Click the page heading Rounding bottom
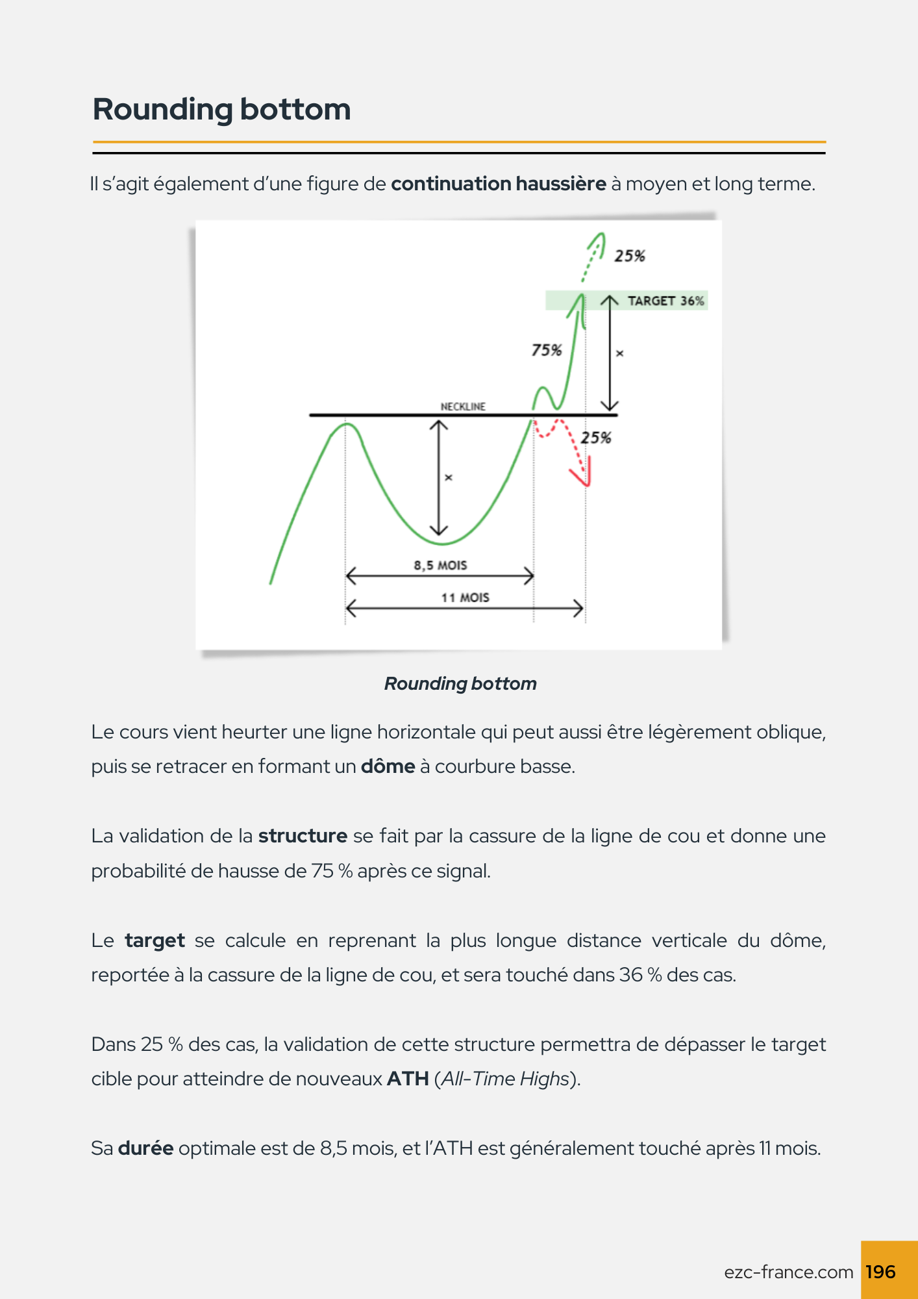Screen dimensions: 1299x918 pyautogui.click(x=221, y=109)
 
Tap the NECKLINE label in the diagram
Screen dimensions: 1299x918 pyautogui.click(x=463, y=407)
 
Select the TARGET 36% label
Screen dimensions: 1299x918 pyautogui.click(x=665, y=301)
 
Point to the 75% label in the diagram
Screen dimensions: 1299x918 pyautogui.click(x=546, y=351)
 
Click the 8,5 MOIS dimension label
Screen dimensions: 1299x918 pyautogui.click(x=440, y=565)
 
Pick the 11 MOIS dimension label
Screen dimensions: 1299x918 pyautogui.click(x=465, y=598)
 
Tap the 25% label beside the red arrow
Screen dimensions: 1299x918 pyautogui.click(x=596, y=438)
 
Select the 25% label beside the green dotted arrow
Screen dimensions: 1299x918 pyautogui.click(x=630, y=256)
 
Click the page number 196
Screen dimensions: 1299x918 pyautogui.click(x=880, y=1272)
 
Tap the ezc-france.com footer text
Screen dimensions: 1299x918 pyautogui.click(x=788, y=1272)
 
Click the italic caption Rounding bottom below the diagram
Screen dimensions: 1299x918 pyautogui.click(x=460, y=683)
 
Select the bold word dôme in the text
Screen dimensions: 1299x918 pyautogui.click(x=388, y=766)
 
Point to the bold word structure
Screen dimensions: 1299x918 pyautogui.click(x=303, y=836)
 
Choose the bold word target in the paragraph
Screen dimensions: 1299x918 pyautogui.click(x=155, y=940)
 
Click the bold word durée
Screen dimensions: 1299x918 pyautogui.click(x=145, y=1148)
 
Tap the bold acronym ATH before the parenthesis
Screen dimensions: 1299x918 pyautogui.click(x=408, y=1079)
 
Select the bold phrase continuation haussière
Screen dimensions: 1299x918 pyautogui.click(x=499, y=184)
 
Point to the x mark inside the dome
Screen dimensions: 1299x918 pyautogui.click(x=448, y=478)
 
